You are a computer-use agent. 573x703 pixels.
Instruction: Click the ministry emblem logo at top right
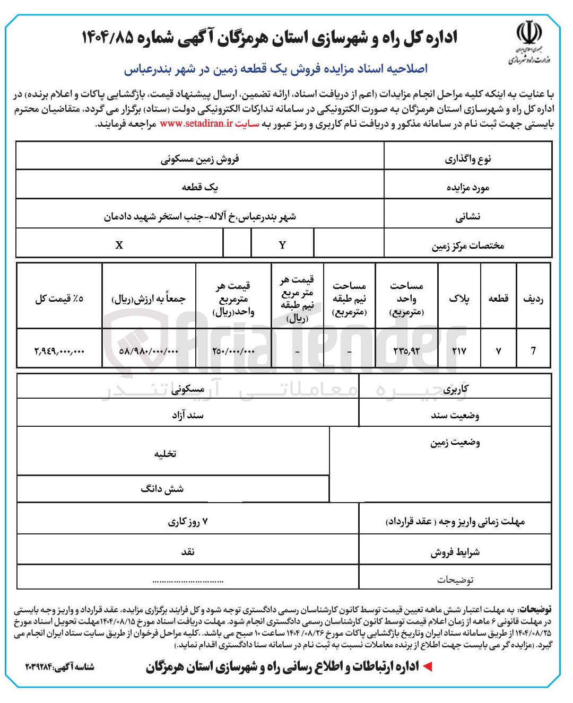click(x=529, y=42)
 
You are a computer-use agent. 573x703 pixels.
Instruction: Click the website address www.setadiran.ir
click(x=196, y=124)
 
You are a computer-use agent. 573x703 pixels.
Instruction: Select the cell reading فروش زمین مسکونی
click(x=200, y=159)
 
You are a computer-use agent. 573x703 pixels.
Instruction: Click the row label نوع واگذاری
click(x=468, y=159)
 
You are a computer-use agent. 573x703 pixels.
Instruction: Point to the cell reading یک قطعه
click(x=200, y=187)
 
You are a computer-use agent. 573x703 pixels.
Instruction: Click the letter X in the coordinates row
click(x=119, y=245)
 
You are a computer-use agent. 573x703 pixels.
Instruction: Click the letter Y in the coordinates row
click(x=282, y=245)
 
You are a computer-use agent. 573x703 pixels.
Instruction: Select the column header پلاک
click(x=459, y=298)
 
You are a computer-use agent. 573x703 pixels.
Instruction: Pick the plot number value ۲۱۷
click(x=459, y=350)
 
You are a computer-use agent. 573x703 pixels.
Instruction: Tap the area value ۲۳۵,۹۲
click(x=406, y=350)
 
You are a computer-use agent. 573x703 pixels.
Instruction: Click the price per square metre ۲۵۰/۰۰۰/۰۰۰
click(x=233, y=350)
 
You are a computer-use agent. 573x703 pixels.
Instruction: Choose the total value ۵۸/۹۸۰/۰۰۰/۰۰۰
click(x=149, y=350)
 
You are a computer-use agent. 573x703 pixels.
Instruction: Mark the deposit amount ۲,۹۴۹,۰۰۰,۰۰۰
click(x=59, y=350)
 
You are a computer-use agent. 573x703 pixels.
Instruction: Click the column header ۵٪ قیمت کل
click(x=59, y=298)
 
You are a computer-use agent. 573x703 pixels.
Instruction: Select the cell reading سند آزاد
click(x=188, y=415)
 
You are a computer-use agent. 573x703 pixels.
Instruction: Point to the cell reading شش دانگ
click(x=162, y=489)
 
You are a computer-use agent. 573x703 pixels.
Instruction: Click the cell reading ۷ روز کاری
click(x=188, y=522)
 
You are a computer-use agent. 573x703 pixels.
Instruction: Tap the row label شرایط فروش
click(x=455, y=552)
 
